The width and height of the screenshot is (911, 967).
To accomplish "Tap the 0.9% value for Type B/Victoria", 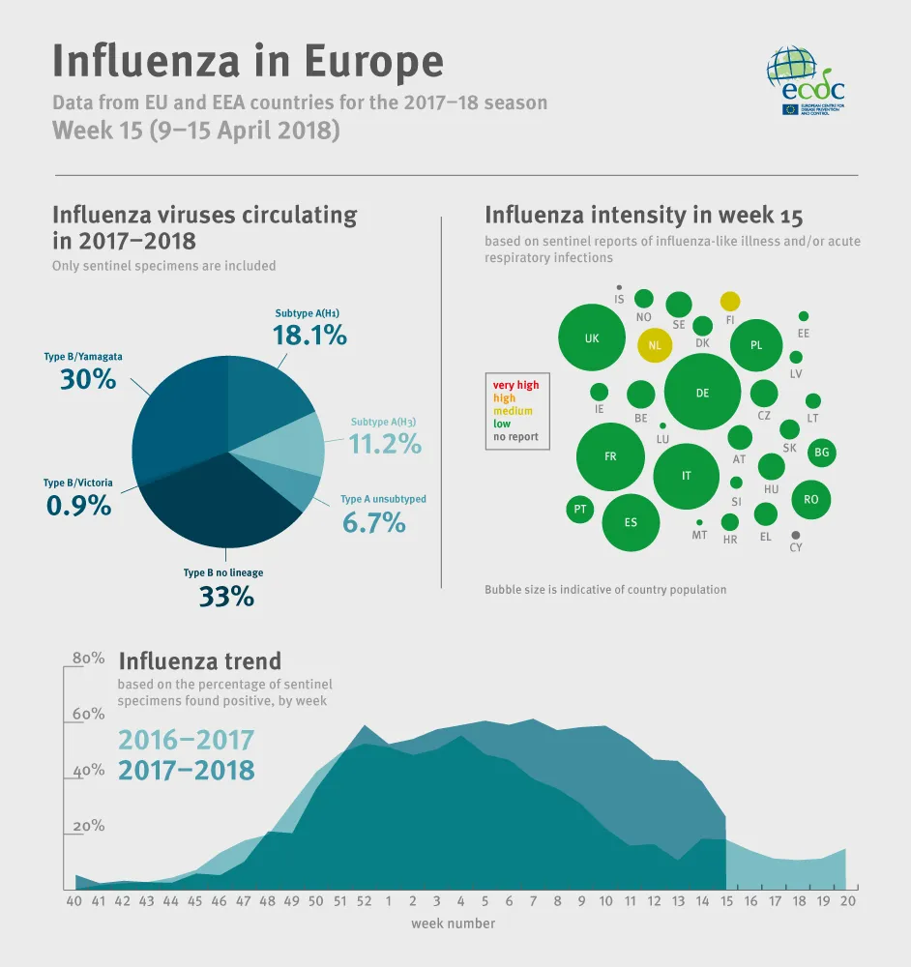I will tap(78, 504).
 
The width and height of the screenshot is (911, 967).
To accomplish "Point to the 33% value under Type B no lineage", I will tap(226, 597).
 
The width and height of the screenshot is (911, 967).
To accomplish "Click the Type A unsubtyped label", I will tap(383, 499).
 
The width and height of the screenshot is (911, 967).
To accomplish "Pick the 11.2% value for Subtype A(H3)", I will tap(385, 444).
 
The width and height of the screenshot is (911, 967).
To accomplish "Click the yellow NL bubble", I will tap(655, 345).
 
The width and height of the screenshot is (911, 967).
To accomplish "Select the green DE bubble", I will tap(702, 393).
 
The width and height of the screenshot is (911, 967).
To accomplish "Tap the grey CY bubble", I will tap(796, 535).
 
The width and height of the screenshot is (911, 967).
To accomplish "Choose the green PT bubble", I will tap(580, 510).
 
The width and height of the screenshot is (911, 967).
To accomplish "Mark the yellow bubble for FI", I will tap(730, 302).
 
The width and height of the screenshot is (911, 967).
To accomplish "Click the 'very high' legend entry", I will tap(516, 385).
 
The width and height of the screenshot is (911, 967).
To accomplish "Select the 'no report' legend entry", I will tap(515, 437).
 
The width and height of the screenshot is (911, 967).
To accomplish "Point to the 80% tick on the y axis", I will tap(88, 659).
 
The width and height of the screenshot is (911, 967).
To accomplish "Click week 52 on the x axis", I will tap(364, 901).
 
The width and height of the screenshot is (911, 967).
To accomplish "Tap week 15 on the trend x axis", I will tap(726, 901).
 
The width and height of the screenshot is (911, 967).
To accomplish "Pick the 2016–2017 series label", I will tap(186, 741).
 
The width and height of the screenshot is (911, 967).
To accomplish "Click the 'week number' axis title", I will tap(453, 923).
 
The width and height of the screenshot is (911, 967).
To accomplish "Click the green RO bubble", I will tap(810, 500).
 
